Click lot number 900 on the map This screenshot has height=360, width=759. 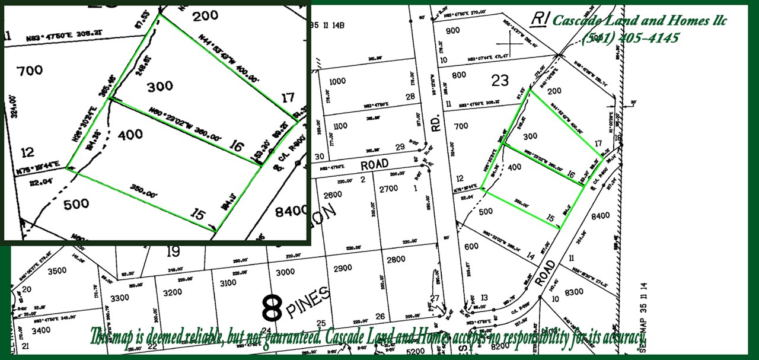[452, 31]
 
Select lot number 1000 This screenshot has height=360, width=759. [337, 81]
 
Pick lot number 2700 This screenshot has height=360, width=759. [388, 189]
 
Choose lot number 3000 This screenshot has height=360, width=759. [285, 272]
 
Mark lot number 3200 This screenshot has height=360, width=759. [172, 292]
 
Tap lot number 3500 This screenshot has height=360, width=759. [57, 271]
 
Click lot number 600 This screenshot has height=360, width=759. [471, 247]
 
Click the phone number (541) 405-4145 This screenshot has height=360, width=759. [630, 38]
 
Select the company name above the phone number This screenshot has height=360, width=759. [639, 21]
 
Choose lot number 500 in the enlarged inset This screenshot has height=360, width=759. [76, 204]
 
